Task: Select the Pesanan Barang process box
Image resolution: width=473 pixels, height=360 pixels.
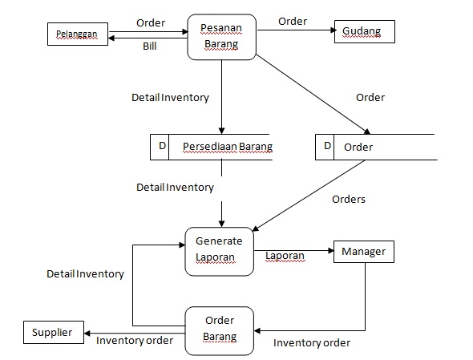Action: [221, 37]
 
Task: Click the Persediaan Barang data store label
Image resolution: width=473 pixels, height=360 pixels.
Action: [228, 147]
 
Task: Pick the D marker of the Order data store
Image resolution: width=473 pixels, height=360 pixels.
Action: [326, 147]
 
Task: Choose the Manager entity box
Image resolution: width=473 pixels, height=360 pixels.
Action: [363, 252]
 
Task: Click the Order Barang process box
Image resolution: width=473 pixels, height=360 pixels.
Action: [220, 330]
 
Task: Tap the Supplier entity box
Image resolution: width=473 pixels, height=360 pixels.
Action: [53, 332]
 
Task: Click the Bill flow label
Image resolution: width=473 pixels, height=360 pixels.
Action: [150, 47]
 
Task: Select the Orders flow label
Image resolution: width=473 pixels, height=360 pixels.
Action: [348, 199]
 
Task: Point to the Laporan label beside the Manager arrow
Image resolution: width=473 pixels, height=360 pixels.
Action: [285, 257]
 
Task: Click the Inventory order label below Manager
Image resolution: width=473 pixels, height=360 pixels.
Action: [312, 343]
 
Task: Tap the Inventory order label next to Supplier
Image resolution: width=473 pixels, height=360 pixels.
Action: [135, 340]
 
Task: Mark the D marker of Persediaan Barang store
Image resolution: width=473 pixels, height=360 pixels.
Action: [162, 146]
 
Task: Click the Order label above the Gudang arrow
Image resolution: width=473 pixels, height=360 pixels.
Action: [293, 22]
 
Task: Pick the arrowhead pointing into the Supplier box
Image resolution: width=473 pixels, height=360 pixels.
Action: [87, 332]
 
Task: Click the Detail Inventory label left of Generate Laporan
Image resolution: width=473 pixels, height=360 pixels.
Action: [85, 273]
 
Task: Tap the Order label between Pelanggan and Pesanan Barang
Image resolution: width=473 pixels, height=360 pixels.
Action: [152, 22]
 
